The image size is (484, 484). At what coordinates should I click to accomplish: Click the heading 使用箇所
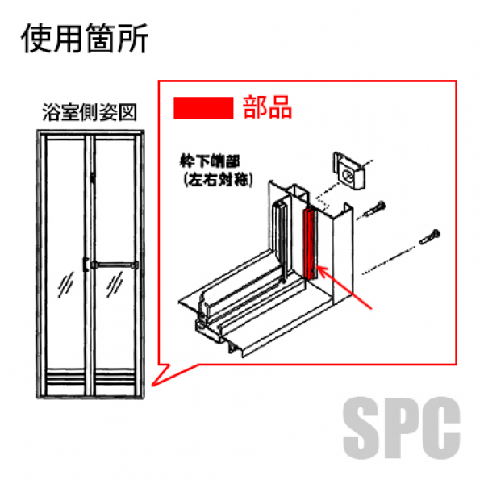click(x=85, y=38)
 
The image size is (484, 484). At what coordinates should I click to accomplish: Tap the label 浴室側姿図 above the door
click(x=90, y=113)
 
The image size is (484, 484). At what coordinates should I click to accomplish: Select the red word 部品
click(x=267, y=107)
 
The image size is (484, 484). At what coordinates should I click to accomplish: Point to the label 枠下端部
click(x=211, y=161)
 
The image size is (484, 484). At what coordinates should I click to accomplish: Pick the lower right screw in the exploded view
click(x=429, y=237)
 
